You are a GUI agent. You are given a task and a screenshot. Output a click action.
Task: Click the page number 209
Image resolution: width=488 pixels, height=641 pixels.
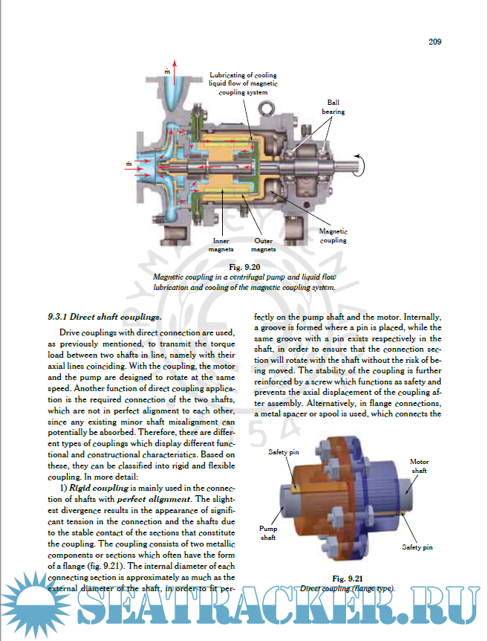pos(435,42)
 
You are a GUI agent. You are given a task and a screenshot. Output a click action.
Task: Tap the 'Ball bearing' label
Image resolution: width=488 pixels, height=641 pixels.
pos(333,107)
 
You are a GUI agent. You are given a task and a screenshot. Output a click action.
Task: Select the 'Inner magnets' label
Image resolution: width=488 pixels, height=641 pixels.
pos(221,245)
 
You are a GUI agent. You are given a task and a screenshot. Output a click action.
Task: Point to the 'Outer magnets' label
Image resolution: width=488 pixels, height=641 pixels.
pos(264,245)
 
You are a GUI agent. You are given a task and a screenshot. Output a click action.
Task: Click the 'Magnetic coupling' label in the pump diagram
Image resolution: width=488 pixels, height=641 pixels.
pos(334,236)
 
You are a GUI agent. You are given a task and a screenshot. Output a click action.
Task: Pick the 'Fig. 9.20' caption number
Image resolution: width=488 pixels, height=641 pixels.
pos(244,267)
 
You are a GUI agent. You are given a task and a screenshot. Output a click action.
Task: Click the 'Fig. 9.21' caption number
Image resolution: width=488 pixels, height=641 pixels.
pos(348,579)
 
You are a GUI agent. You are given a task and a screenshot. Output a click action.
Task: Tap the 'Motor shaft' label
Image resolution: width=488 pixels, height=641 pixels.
pos(420,466)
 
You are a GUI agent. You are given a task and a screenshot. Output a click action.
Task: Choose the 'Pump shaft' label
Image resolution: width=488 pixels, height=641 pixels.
pos(268,533)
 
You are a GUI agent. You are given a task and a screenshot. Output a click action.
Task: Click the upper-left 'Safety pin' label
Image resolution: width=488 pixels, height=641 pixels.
pos(284,452)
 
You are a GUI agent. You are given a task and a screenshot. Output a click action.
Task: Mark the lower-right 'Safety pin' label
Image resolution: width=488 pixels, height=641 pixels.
pos(417,547)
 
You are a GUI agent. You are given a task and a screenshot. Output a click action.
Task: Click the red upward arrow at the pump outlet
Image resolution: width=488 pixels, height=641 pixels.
pos(175,73)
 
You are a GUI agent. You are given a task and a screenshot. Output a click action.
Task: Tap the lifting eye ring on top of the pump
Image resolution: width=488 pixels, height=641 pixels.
pos(267,109)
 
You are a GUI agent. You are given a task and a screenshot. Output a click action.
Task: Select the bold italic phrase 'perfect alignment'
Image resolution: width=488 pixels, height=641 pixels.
pos(154,499)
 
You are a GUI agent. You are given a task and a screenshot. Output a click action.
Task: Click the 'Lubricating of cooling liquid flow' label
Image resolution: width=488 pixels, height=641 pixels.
pos(244,84)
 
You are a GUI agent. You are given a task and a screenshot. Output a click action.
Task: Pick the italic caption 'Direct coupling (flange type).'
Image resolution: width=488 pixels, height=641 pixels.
pos(348,589)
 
